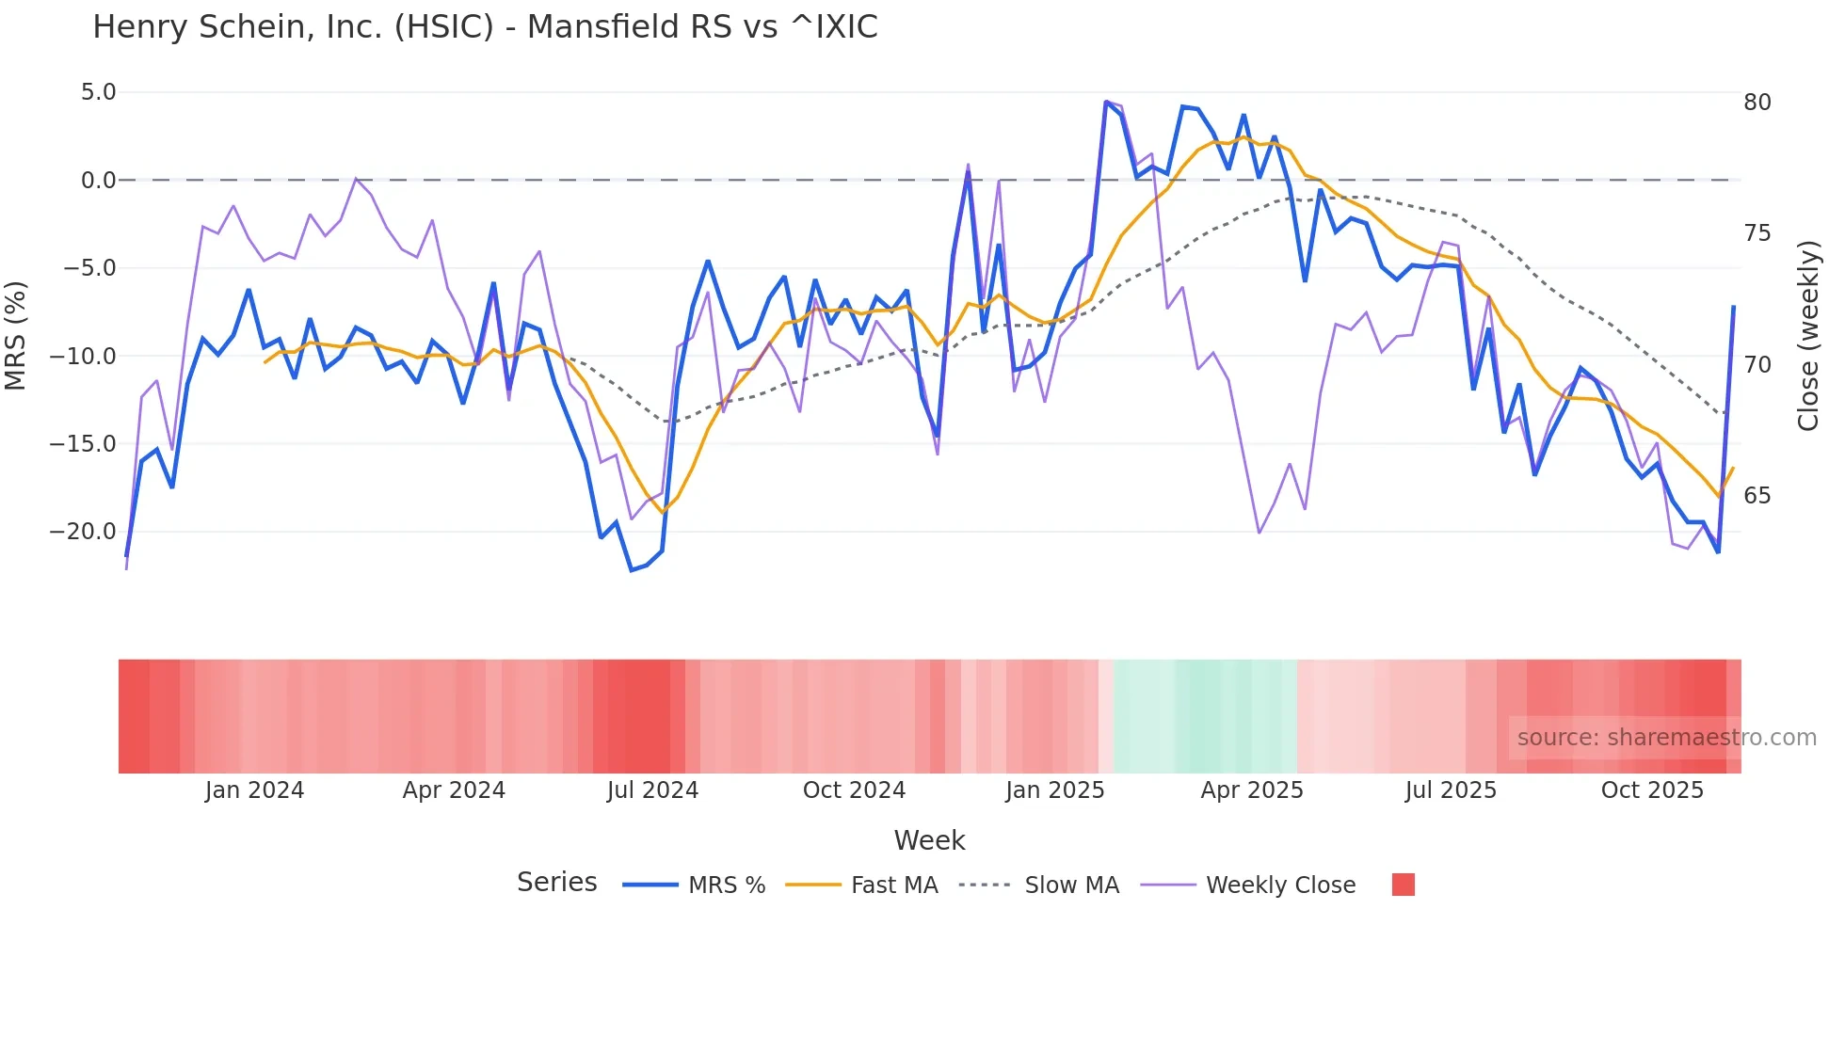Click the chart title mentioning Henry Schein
[485, 27]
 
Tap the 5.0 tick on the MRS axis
[98, 92]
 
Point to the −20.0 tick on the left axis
[83, 532]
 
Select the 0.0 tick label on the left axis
[98, 181]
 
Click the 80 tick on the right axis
[1757, 103]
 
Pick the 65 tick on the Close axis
[1757, 496]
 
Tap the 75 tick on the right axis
[1757, 233]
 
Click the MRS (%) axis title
[16, 336]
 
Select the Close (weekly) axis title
[1808, 336]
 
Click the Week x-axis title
[929, 840]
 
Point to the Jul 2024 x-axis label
[652, 790]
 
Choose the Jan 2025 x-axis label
[1054, 790]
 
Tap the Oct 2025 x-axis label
[1652, 790]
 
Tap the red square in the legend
[1403, 885]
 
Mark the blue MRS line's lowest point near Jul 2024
[632, 570]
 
